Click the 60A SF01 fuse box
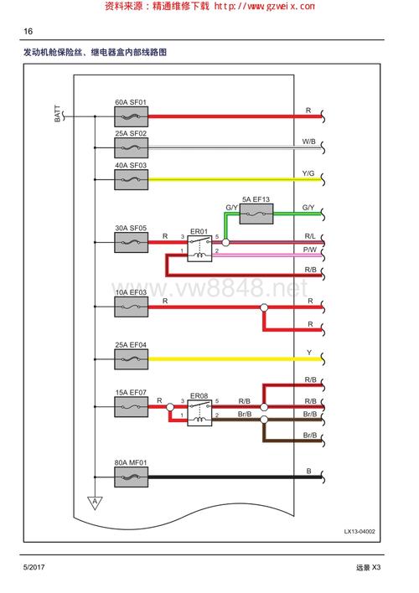point(131,116)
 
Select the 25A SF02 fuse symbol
point(131,148)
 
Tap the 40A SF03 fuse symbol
point(131,179)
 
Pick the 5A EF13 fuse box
point(256,214)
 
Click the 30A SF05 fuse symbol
point(131,242)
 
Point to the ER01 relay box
point(199,249)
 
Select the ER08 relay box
point(199,413)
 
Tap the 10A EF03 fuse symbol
point(131,307)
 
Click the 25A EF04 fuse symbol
point(131,359)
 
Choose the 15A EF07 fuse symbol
point(131,407)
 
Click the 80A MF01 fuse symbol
point(131,477)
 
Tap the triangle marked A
point(95,503)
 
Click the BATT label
point(57,113)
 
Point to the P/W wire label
point(309,250)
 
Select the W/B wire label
point(308,142)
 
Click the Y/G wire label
point(308,173)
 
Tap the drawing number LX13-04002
point(360,531)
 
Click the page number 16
point(28,31)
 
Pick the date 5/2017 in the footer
point(34,567)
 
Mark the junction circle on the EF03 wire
point(264,307)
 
